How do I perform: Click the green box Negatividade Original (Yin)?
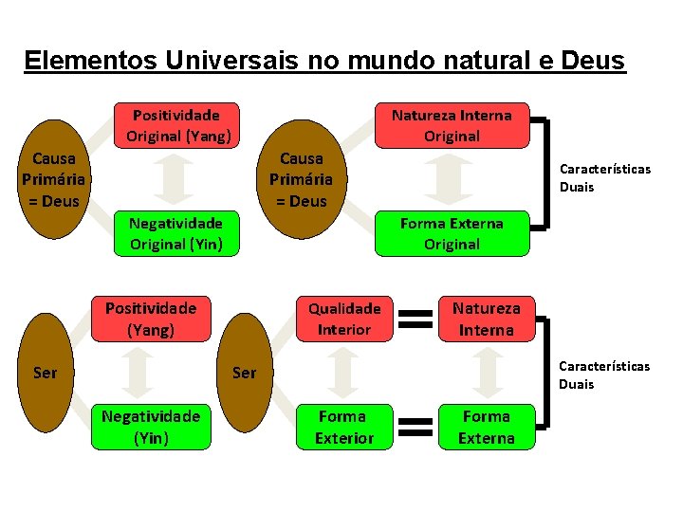pyautogui.click(x=175, y=233)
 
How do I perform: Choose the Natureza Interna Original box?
pyautogui.click(x=452, y=125)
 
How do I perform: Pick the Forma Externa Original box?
pyautogui.click(x=452, y=233)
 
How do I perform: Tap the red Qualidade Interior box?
pyautogui.click(x=343, y=319)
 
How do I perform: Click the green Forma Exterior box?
pyautogui.click(x=343, y=427)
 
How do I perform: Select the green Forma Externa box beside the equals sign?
pyautogui.click(x=486, y=427)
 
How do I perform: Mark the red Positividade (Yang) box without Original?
pyautogui.click(x=150, y=319)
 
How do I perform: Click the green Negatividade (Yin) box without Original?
pyautogui.click(x=150, y=427)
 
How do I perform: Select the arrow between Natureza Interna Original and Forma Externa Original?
pyautogui.click(x=451, y=179)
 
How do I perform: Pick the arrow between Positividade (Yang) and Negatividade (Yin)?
pyautogui.click(x=140, y=372)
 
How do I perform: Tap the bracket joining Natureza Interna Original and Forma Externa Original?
pyautogui.click(x=544, y=174)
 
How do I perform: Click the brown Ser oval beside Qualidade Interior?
pyautogui.click(x=245, y=373)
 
